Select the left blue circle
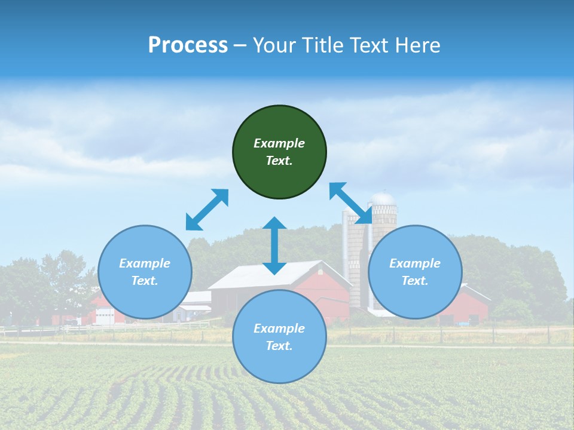tap(145, 272)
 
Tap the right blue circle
tap(415, 272)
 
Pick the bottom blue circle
tap(279, 337)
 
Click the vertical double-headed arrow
tap(274, 245)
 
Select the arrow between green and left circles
tap(207, 210)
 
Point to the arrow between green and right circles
tap(352, 204)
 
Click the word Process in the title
tap(188, 45)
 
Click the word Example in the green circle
tap(279, 143)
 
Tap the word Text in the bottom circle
tap(279, 346)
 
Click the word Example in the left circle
tap(145, 263)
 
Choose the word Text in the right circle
tap(415, 281)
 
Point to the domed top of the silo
tap(383, 198)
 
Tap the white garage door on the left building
tap(105, 318)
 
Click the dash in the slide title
tap(240, 45)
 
